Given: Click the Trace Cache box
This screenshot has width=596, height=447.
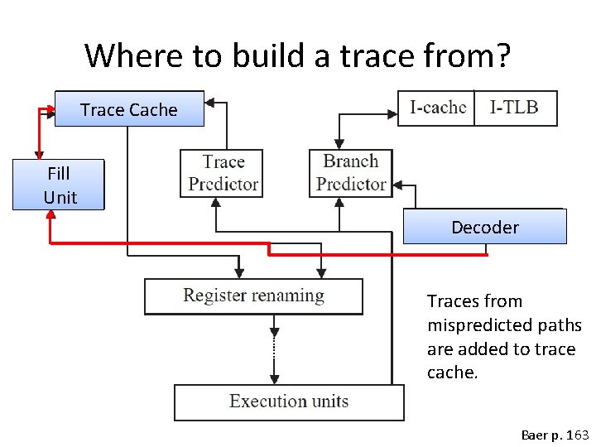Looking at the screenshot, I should (129, 108).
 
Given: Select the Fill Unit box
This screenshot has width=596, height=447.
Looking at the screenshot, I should (59, 185).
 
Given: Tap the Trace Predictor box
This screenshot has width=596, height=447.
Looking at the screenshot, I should (222, 173).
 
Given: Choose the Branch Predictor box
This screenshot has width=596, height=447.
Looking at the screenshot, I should (350, 173).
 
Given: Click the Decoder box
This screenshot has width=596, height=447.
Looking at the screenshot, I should (484, 227).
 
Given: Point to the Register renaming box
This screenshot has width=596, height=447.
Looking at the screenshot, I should (253, 296).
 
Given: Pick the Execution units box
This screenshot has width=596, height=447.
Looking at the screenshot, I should (289, 402).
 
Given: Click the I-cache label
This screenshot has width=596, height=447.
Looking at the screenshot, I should (437, 107).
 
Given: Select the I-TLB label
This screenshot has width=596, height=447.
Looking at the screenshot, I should (514, 107).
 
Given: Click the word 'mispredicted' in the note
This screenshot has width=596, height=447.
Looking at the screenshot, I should (479, 325).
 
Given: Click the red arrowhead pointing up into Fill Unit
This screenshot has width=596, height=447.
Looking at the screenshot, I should (50, 215).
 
